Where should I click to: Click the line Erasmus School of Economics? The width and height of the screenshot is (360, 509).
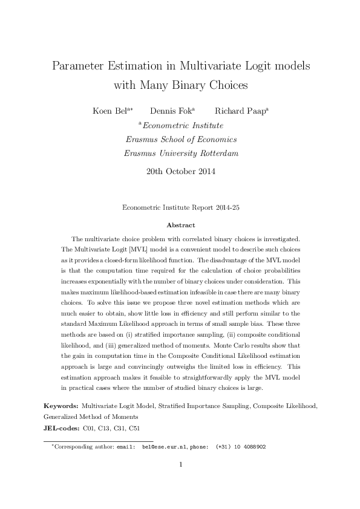pos(180,139)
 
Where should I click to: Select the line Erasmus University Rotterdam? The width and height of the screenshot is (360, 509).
pos(180,153)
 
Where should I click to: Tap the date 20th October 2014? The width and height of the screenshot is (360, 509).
pos(180,171)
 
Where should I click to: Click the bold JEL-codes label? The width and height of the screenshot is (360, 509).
pos(62,427)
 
